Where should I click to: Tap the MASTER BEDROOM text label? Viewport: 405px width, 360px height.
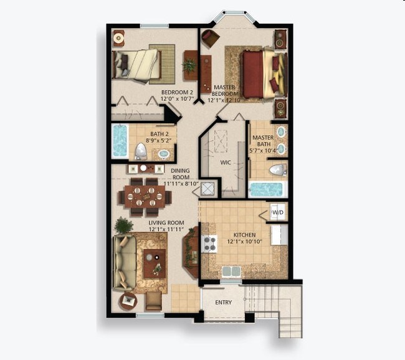point(224,90)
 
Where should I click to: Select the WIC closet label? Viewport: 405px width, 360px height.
point(226,162)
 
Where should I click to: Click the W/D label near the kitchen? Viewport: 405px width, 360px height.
point(278,212)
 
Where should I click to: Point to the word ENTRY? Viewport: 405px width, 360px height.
point(223,303)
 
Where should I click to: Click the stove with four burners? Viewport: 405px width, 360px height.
point(208,244)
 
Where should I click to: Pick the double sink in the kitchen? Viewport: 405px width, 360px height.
point(231,271)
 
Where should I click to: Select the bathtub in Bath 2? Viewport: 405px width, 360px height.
point(119,142)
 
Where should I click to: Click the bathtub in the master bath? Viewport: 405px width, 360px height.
point(267,189)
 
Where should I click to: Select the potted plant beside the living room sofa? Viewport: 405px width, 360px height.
point(124,224)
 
